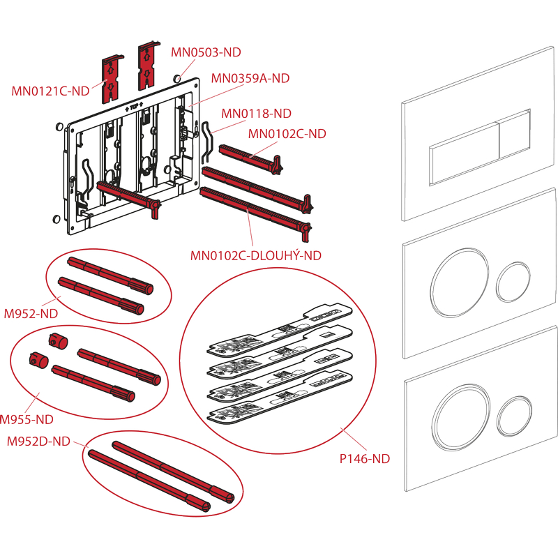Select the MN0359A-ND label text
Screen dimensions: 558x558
(x=250, y=78)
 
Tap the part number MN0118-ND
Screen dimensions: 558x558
(x=256, y=113)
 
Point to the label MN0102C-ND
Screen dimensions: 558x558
(x=287, y=133)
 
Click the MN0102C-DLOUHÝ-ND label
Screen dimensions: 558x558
(x=256, y=255)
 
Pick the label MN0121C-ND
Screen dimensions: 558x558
(x=50, y=91)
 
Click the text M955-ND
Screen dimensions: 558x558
(x=27, y=419)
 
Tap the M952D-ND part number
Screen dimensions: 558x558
(x=38, y=441)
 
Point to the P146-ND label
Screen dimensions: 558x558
(x=365, y=458)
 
